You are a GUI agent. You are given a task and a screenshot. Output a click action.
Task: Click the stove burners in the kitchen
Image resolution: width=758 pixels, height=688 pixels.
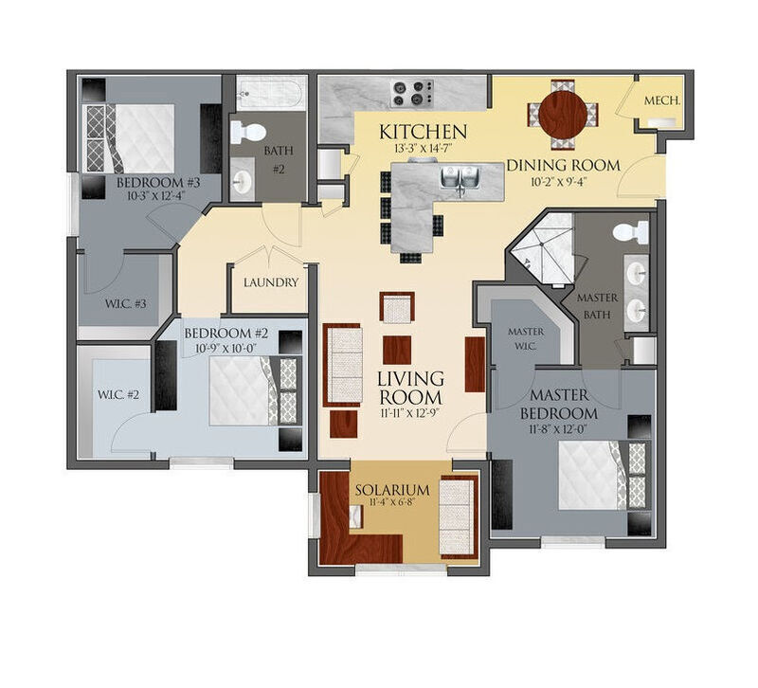pos(410,93)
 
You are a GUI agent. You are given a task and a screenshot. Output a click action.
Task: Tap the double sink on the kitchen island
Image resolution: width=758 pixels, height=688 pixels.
pos(459,179)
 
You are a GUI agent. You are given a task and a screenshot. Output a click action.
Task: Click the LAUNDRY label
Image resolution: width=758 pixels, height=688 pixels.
pos(271,282)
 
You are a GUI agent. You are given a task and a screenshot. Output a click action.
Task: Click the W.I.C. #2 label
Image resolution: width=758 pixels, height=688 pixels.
pos(117,394)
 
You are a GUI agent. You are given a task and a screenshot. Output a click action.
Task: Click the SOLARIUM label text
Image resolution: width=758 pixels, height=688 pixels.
pos(392,490)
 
